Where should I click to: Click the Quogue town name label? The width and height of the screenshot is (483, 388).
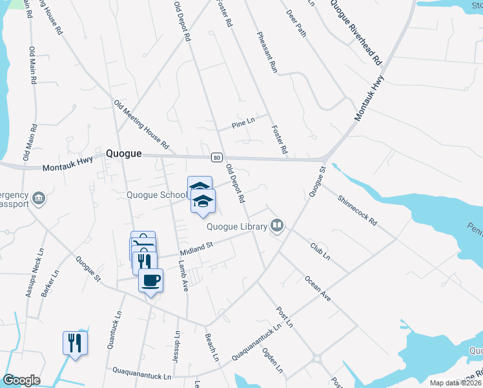tap(123, 154)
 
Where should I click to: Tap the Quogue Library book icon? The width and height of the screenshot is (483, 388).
tap(277, 226)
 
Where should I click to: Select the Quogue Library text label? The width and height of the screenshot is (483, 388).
tap(237, 226)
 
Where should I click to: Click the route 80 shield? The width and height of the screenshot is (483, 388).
tap(217, 157)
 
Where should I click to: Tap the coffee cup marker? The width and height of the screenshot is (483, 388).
tap(151, 281)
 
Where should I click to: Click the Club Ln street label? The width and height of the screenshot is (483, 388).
tap(320, 251)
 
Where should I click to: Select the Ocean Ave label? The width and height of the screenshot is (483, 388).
tap(317, 288)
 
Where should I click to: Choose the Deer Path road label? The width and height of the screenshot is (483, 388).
tap(297, 23)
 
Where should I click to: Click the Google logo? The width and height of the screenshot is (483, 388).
tap(21, 380)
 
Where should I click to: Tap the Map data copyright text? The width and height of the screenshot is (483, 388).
tap(455, 383)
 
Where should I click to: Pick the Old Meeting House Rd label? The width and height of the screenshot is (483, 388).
tap(141, 124)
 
